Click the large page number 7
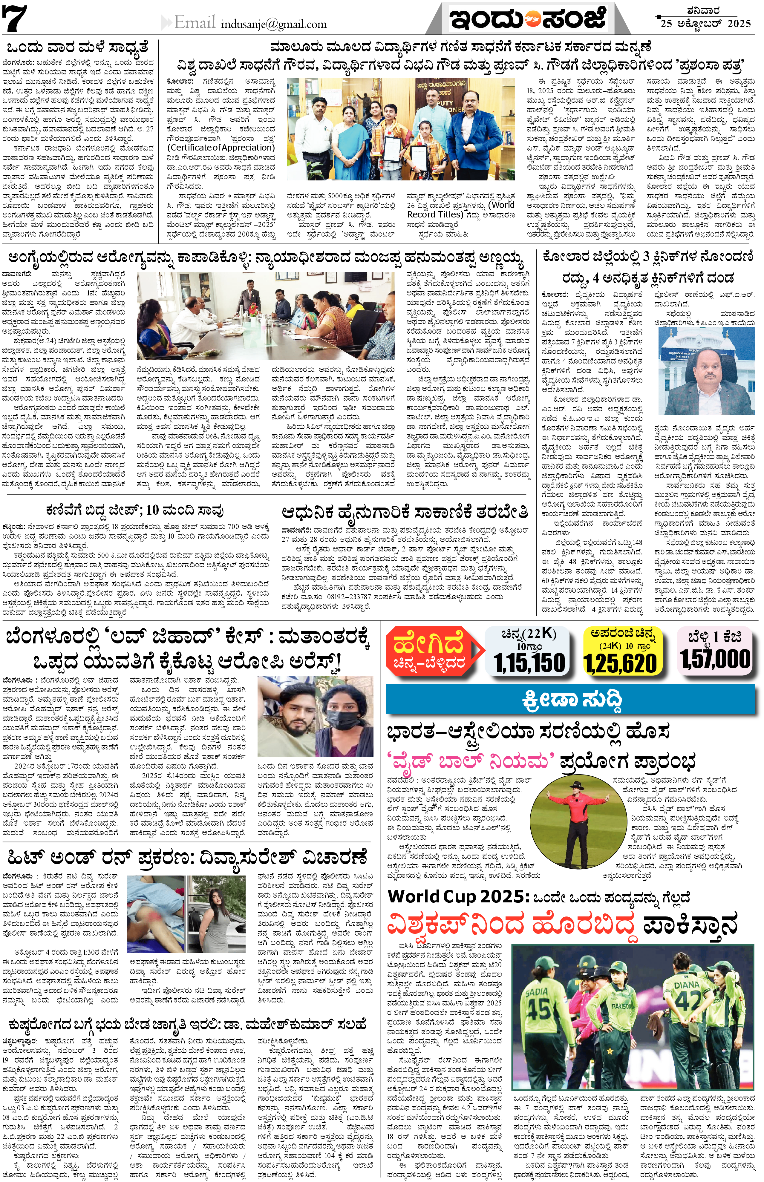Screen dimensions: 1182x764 pyautogui.click(x=15, y=19)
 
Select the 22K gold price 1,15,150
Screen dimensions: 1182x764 pyautogui.click(x=529, y=663)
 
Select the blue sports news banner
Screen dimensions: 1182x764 pyautogui.click(x=570, y=699)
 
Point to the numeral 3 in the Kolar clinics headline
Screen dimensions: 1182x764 pyautogui.click(x=646, y=257)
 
